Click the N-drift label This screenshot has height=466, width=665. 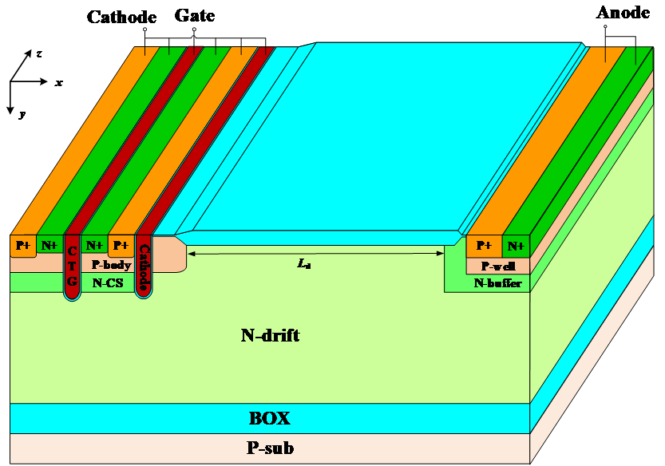270,335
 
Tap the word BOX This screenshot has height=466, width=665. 270,418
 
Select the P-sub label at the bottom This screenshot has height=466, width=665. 270,448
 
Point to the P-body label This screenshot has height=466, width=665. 111,265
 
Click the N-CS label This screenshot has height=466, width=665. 107,282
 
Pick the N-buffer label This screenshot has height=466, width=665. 497,282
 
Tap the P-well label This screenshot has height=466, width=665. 497,266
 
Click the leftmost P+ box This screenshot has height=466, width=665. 22,246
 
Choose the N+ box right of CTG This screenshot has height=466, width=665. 94,245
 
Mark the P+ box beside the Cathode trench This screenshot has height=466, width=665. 121,245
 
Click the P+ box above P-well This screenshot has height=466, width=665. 484,246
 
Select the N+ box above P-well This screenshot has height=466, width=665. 516,246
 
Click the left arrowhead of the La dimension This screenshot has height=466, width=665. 191,254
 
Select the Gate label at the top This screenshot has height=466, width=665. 194,14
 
